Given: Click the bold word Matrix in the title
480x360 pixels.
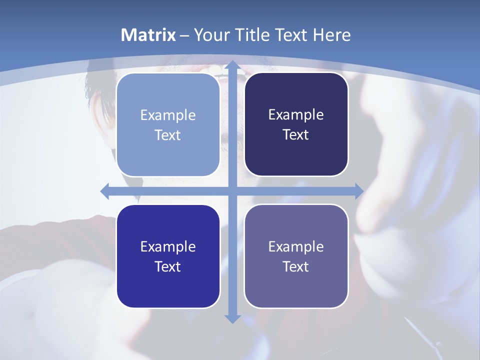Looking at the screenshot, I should pyautogui.click(x=148, y=35).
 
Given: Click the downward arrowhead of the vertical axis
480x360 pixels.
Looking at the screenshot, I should pyautogui.click(x=232, y=318).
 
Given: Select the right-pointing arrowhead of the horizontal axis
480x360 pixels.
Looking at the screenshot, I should pyautogui.click(x=358, y=191).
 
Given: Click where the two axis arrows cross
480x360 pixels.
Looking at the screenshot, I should pyautogui.click(x=232, y=191).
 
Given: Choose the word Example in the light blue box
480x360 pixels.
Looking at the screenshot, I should pyautogui.click(x=168, y=115).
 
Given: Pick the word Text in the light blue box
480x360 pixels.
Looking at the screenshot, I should pyautogui.click(x=168, y=135).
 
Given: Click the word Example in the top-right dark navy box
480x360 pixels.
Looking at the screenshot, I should pyautogui.click(x=296, y=114).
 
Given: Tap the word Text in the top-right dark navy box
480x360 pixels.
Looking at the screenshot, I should pyautogui.click(x=296, y=134).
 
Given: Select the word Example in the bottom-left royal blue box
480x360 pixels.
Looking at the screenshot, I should pyautogui.click(x=168, y=246).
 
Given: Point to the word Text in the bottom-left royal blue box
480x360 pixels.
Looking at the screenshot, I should pyautogui.click(x=168, y=266).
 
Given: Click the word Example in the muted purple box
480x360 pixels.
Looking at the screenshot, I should pyautogui.click(x=296, y=246).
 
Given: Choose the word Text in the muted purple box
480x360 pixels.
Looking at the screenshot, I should pyautogui.click(x=296, y=266).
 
